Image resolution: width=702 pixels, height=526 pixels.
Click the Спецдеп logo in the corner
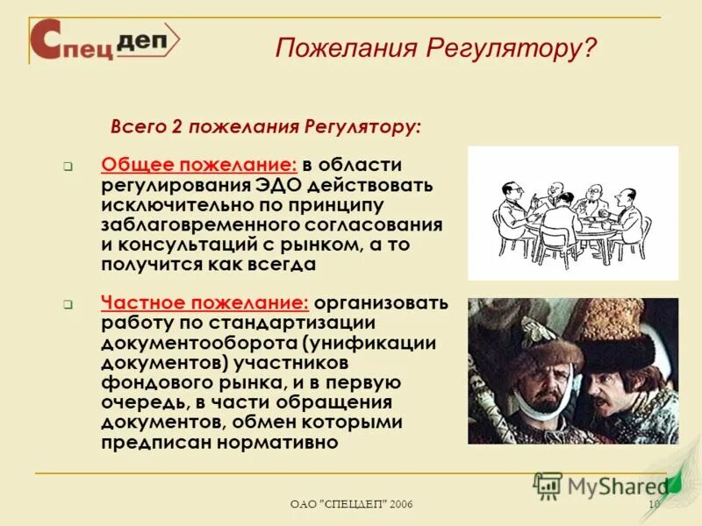pos(104,40)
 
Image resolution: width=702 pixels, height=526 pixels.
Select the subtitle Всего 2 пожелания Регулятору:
pos(265,126)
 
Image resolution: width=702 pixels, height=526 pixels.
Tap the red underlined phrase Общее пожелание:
pos(200,166)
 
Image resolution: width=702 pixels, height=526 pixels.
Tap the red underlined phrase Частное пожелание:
pos(205,303)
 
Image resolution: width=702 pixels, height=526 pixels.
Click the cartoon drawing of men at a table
pos(572,213)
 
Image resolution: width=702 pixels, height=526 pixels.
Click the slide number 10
pos(653,503)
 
